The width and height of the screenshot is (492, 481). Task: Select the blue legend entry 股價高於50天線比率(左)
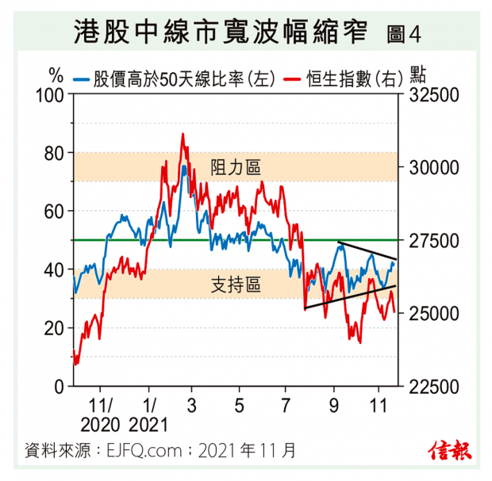click(x=174, y=78)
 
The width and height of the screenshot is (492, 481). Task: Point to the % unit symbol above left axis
click(x=56, y=76)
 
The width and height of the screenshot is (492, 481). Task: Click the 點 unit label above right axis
click(x=419, y=76)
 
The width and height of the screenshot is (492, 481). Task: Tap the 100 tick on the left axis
click(x=50, y=94)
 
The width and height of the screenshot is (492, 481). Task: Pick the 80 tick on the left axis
click(x=53, y=153)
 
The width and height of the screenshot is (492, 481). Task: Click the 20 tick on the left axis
click(x=53, y=328)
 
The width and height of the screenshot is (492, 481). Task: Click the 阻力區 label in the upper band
click(x=236, y=167)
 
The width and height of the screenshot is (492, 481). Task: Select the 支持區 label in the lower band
click(x=236, y=284)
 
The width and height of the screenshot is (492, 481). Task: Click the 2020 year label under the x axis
click(x=107, y=423)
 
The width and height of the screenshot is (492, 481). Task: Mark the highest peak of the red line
click(x=183, y=135)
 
